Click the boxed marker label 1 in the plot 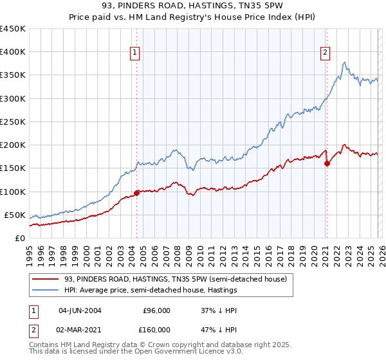coord(136,53)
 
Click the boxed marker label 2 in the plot coord(326,53)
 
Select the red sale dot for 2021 coord(327,163)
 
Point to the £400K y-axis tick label coord(13,52)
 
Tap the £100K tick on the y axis coord(13,192)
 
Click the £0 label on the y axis coord(19,238)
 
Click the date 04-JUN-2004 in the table coord(80,310)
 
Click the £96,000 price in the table coord(156,310)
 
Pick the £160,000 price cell coord(156,328)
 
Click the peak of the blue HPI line coord(345,62)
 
